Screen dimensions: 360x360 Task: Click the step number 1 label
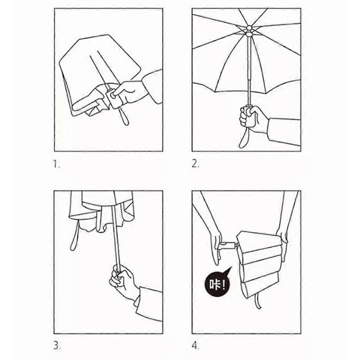57,164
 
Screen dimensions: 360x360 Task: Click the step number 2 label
195,164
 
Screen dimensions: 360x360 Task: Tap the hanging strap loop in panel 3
74,237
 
